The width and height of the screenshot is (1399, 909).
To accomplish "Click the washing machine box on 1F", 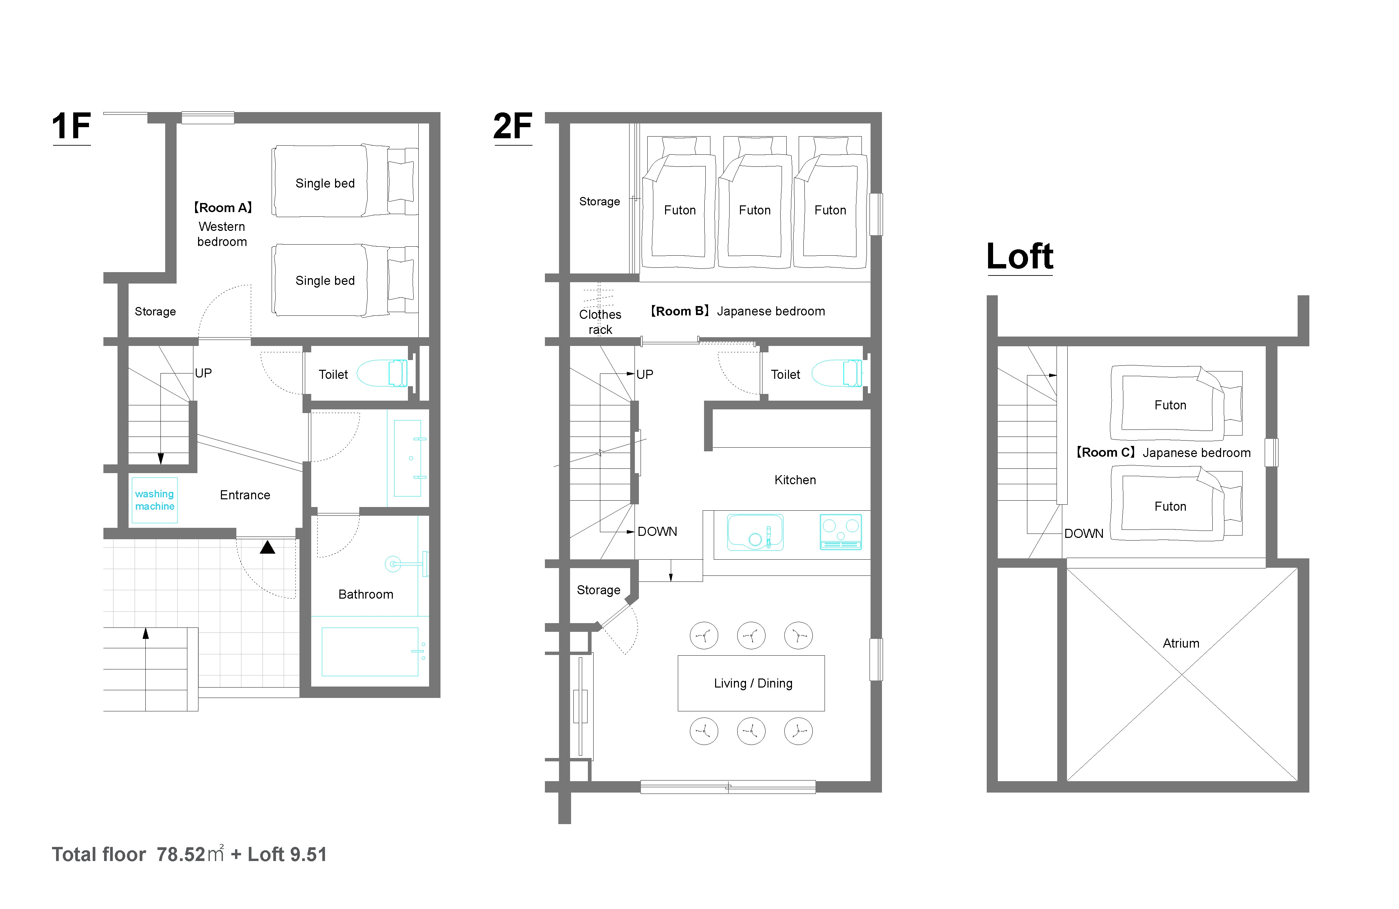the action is click(x=154, y=500).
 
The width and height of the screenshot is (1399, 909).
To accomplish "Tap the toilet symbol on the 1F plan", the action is click(x=382, y=373).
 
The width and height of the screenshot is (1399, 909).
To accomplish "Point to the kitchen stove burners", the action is click(x=841, y=532).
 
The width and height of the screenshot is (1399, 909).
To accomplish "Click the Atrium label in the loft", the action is click(x=1181, y=643).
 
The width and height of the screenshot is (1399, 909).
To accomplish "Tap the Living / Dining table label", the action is click(x=753, y=684).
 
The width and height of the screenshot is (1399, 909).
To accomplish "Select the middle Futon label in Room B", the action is click(x=755, y=210).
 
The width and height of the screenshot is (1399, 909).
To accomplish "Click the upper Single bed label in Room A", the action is click(x=325, y=183).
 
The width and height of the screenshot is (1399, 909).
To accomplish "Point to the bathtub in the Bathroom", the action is click(x=370, y=652).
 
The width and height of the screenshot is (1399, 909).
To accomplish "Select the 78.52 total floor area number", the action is click(x=181, y=854).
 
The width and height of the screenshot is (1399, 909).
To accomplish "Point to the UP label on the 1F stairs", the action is click(x=203, y=373).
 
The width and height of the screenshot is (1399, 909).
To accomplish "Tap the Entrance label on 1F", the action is click(x=245, y=495).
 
